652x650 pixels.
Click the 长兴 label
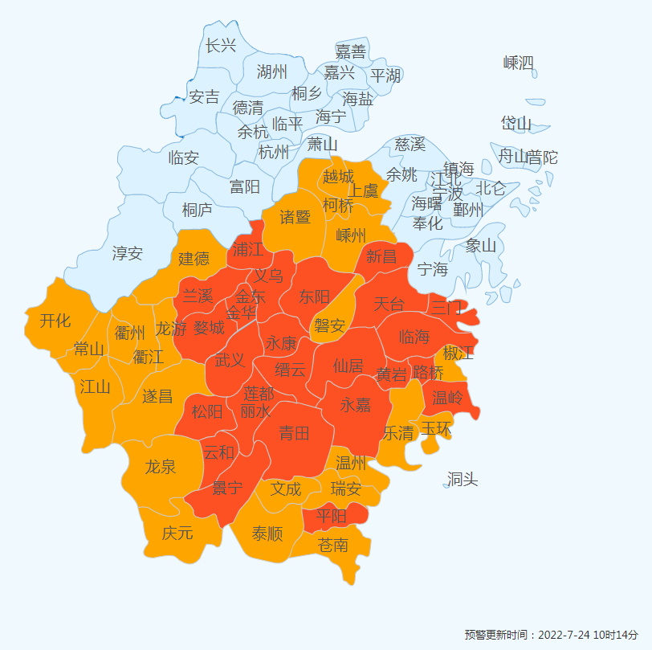click(221, 46)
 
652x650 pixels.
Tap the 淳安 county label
click(127, 254)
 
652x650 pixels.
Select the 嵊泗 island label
click(519, 63)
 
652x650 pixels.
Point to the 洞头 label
click(463, 480)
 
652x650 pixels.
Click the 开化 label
click(55, 321)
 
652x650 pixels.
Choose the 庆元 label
click(177, 532)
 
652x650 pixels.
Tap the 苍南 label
click(333, 545)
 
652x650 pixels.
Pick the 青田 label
click(294, 434)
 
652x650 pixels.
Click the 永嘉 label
click(356, 404)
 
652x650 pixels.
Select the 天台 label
click(389, 304)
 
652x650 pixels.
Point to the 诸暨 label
click(295, 217)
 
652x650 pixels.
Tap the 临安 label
click(183, 157)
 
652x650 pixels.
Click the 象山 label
click(481, 246)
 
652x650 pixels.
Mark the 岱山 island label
click(516, 123)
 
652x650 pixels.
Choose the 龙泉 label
click(161, 467)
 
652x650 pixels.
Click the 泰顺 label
click(267, 533)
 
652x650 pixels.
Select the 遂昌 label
click(157, 395)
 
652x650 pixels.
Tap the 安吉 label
click(204, 97)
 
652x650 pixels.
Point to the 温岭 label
click(447, 398)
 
